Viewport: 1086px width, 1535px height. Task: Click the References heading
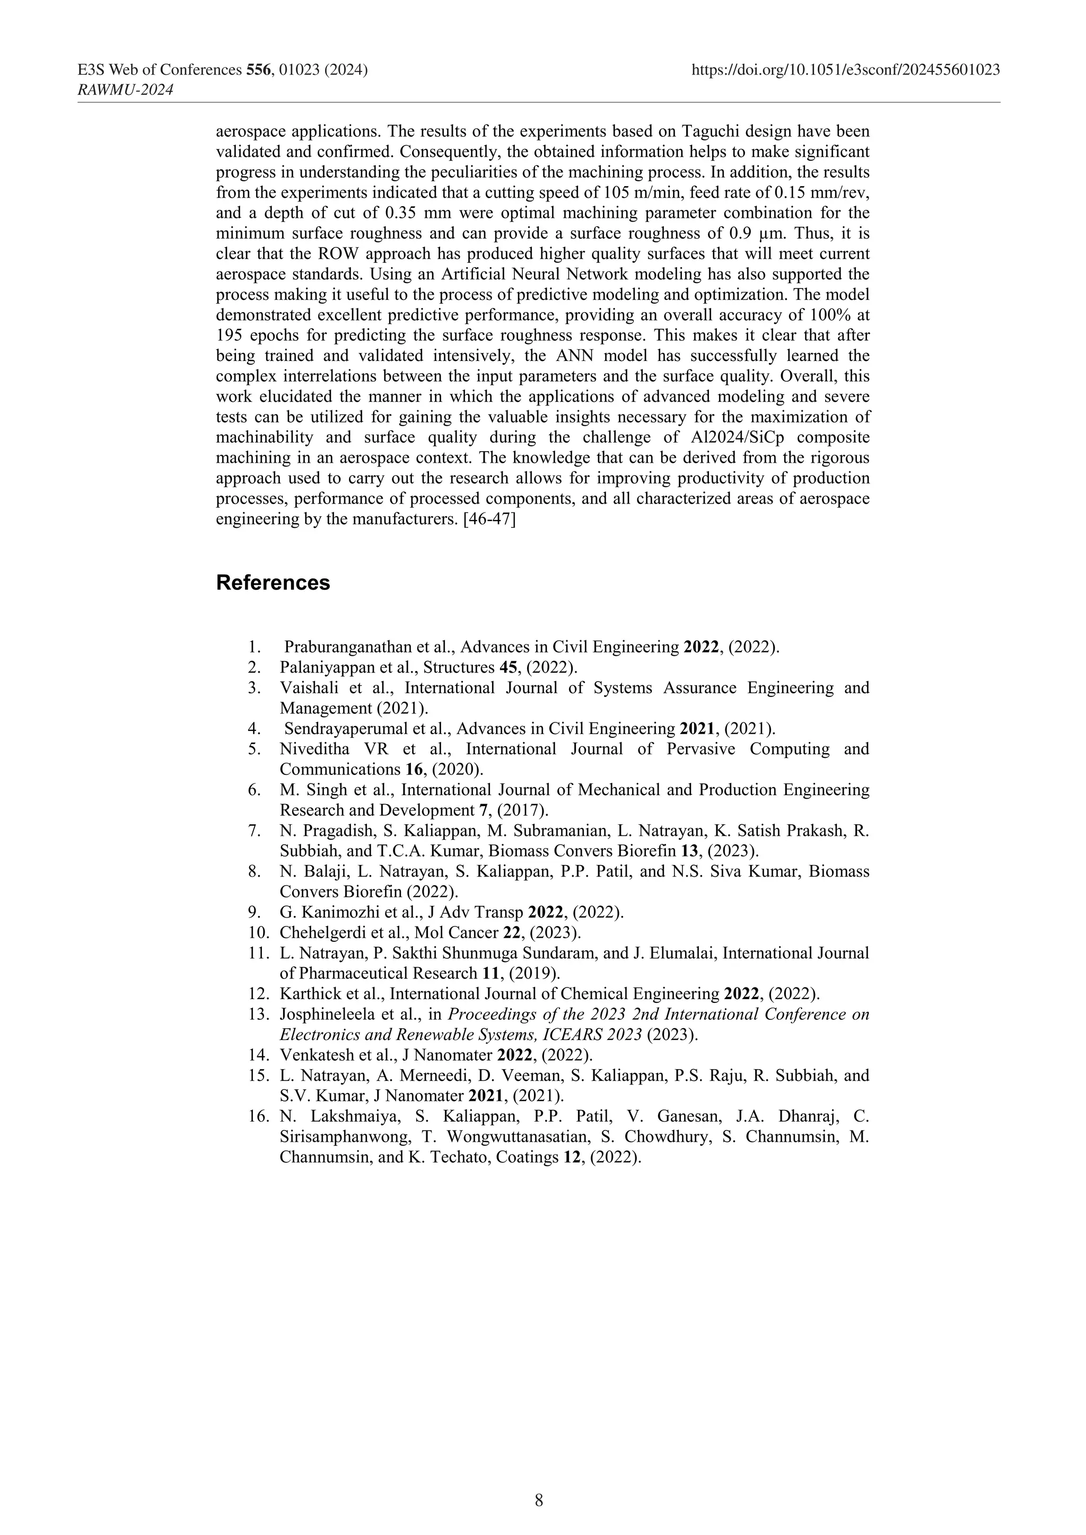coord(273,583)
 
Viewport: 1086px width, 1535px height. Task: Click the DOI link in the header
coord(845,69)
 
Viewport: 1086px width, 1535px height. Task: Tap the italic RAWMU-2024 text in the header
coord(126,90)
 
